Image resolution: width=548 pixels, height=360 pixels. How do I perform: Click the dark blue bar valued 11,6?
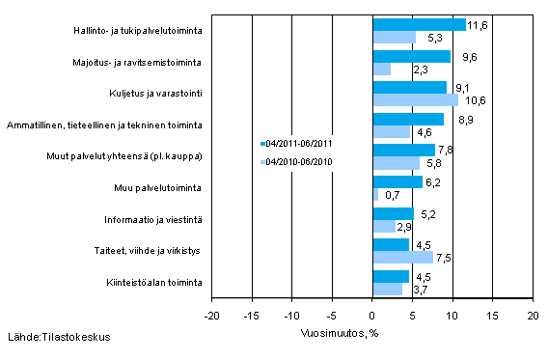point(418,25)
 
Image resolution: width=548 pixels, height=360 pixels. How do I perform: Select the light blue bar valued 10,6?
point(414,99)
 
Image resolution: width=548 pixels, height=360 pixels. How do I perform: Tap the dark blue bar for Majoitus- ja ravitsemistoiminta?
point(410,56)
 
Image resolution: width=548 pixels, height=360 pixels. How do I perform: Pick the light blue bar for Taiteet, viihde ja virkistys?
point(401,258)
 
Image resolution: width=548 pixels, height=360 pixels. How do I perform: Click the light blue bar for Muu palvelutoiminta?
point(374,195)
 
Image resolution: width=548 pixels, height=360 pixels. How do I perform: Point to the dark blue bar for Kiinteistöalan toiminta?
point(390,276)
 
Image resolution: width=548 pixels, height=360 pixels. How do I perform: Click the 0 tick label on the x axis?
point(371,315)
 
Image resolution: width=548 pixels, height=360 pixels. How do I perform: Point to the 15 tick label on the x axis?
point(491,315)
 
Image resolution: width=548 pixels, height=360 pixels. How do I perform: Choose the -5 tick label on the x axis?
point(331,315)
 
